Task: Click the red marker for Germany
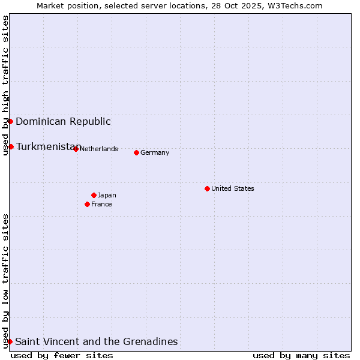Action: tap(136, 152)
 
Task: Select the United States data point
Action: tap(207, 188)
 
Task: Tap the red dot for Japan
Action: tap(94, 195)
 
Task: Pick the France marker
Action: tap(87, 204)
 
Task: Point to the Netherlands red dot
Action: tap(76, 149)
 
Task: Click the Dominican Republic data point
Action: tap(10, 121)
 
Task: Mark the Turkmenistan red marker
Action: tap(11, 146)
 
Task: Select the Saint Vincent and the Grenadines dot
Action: tap(10, 341)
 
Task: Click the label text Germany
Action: tap(155, 152)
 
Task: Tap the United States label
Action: tap(233, 188)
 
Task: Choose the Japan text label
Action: tap(107, 195)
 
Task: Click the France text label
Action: tap(101, 204)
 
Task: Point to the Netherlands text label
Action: tap(98, 149)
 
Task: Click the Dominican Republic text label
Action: tap(63, 121)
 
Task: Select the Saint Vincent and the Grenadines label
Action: tap(96, 341)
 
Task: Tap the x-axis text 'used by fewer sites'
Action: tap(62, 355)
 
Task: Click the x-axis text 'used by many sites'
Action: tap(301, 355)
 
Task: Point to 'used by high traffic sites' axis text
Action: tap(5, 85)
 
